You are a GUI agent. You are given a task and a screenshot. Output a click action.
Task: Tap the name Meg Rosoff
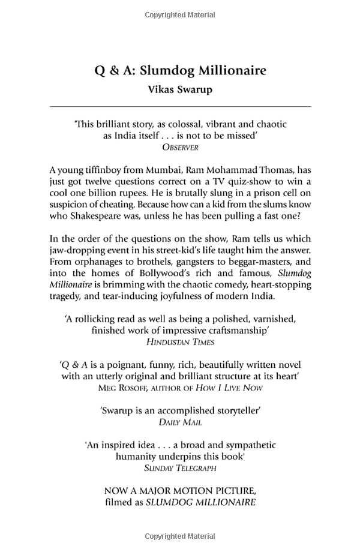pyautogui.click(x=122, y=388)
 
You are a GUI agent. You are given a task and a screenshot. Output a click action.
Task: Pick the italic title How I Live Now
pyautogui.click(x=233, y=388)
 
